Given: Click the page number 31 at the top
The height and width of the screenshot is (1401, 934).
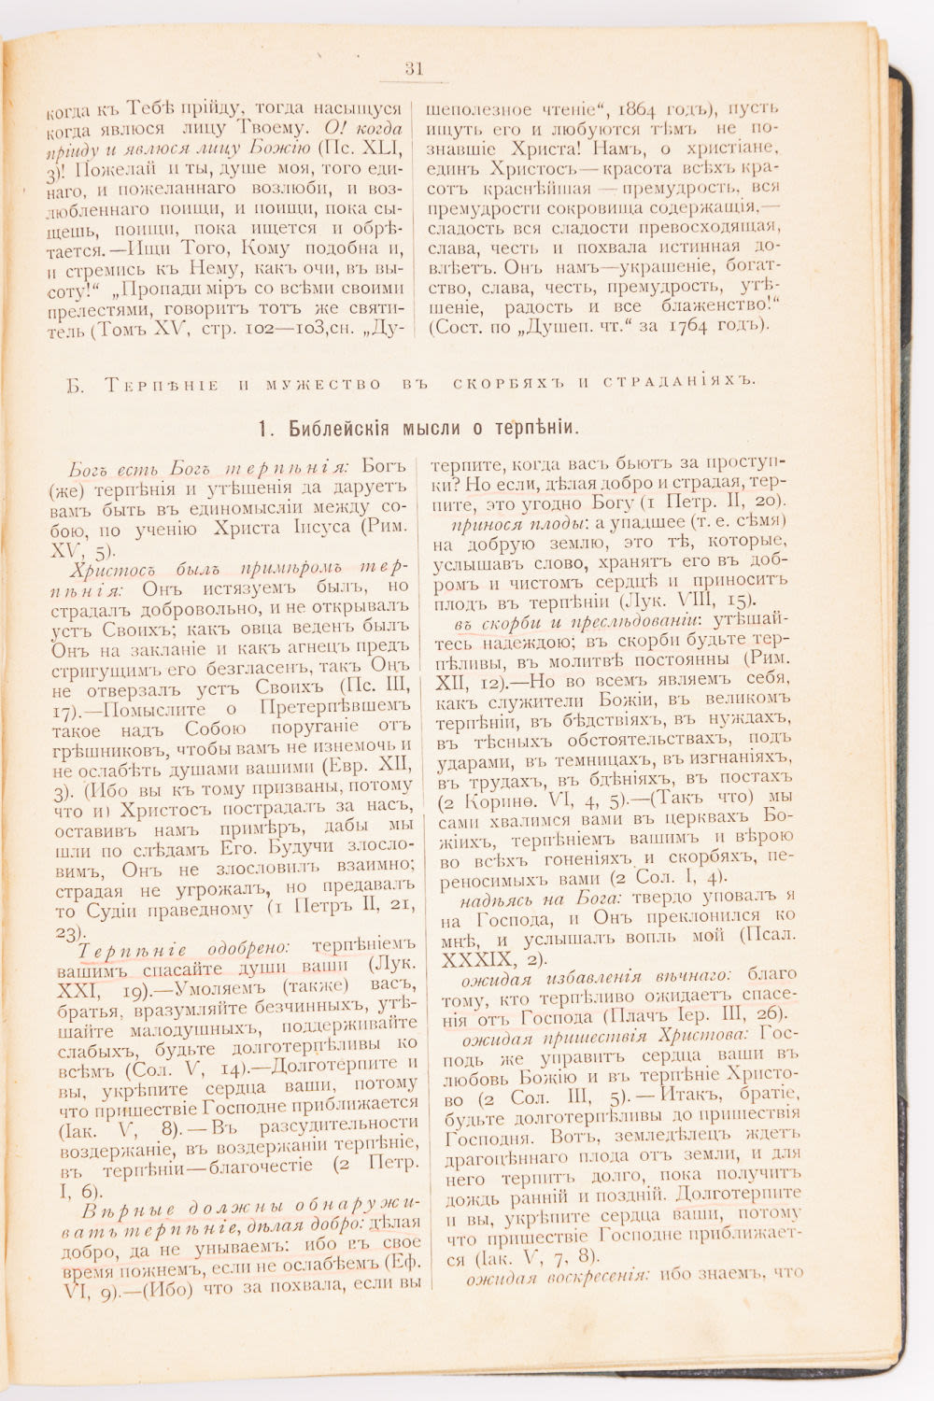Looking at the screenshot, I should click(414, 68).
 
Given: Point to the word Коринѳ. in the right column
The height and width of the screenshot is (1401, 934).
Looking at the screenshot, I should click(505, 801).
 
